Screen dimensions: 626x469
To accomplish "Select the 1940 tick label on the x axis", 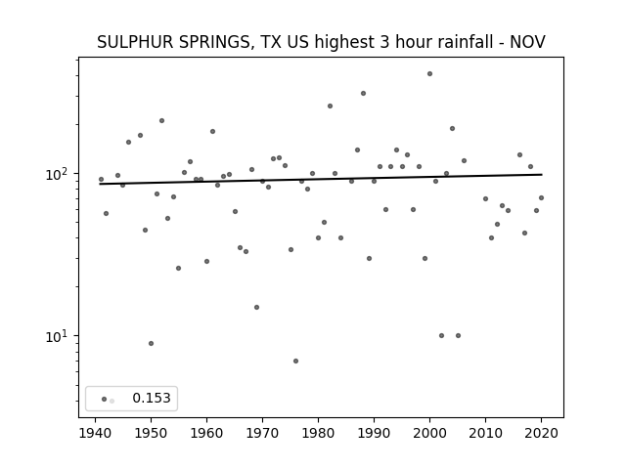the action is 96,433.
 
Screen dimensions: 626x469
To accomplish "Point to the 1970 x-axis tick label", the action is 263,433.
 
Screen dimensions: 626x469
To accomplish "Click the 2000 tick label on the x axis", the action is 429,433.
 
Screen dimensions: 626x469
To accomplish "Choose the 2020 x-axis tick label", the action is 541,433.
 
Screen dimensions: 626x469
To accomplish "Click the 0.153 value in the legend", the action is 152,398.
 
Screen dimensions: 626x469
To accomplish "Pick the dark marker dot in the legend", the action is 105,399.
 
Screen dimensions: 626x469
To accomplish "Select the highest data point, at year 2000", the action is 429,74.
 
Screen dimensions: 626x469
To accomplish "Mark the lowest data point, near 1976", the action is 295,361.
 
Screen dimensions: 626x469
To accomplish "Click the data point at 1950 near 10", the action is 151,343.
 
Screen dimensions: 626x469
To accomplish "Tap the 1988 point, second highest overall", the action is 363,94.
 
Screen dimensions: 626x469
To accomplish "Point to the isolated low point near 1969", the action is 256,307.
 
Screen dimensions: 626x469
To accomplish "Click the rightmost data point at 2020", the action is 541,197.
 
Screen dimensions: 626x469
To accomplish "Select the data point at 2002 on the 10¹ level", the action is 441,335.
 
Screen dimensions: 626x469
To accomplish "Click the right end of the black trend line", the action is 542,174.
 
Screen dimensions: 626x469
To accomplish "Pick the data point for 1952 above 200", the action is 161,120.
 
